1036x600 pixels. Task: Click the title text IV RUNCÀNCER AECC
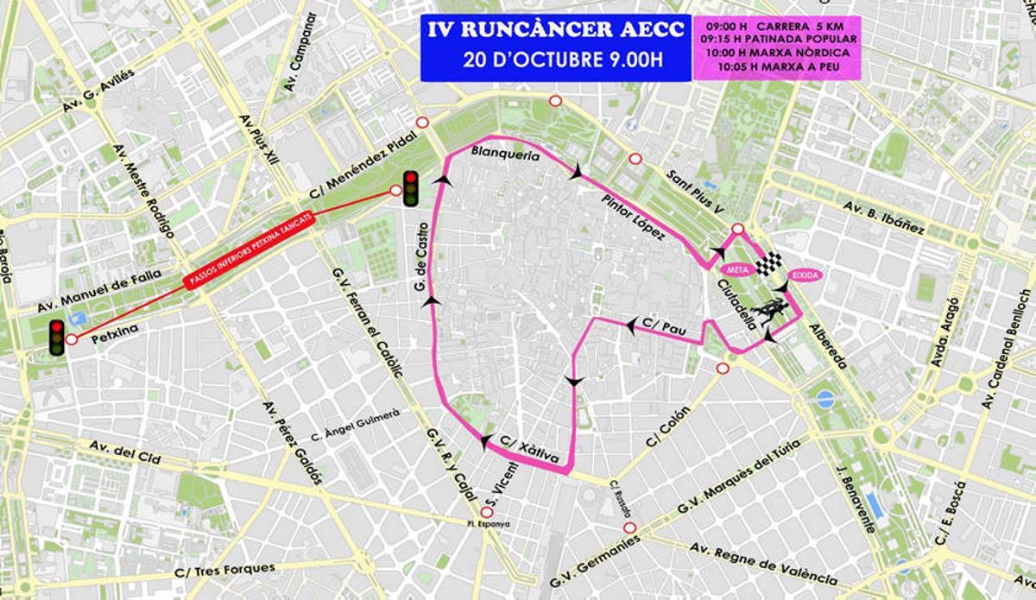coord(557,32)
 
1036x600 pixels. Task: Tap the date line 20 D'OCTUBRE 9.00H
coord(557,60)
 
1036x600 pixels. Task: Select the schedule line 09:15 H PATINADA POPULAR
coord(779,39)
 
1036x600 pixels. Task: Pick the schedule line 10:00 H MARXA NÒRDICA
coord(779,52)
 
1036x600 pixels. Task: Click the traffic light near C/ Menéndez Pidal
coord(411,188)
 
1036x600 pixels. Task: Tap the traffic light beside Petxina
coord(57,337)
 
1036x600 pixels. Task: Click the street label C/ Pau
coord(660,325)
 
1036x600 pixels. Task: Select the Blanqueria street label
coord(505,156)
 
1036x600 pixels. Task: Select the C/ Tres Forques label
coord(225,570)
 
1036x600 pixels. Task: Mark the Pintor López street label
coord(635,217)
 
